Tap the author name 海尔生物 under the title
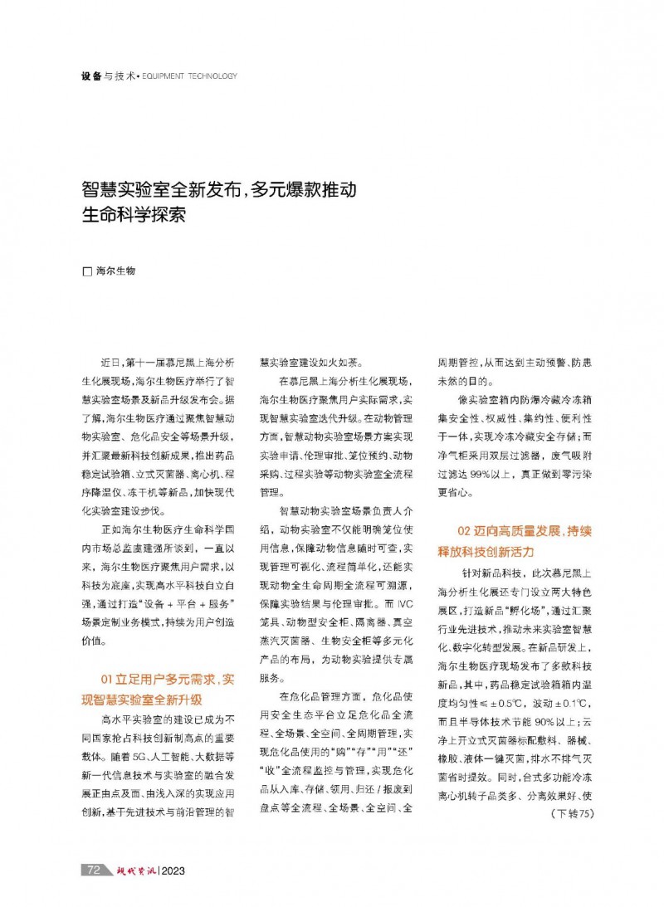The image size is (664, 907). click(x=116, y=271)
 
